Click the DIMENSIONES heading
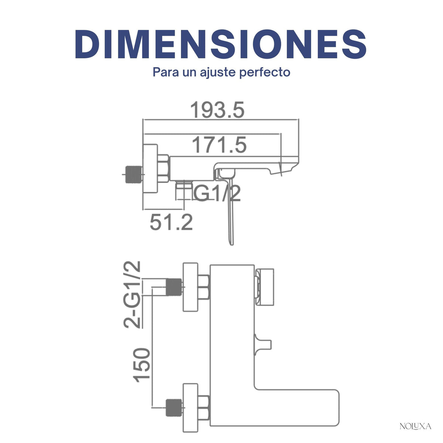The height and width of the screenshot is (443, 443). coord(221,44)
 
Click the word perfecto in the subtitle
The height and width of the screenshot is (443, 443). coord(265,73)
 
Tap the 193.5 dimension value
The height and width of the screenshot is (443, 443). coord(217,110)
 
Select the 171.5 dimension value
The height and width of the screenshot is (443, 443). coord(219,145)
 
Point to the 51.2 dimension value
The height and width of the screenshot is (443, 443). coord(171,222)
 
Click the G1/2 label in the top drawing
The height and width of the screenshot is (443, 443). coord(217,193)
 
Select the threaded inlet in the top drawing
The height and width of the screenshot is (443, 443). coord(134,175)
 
